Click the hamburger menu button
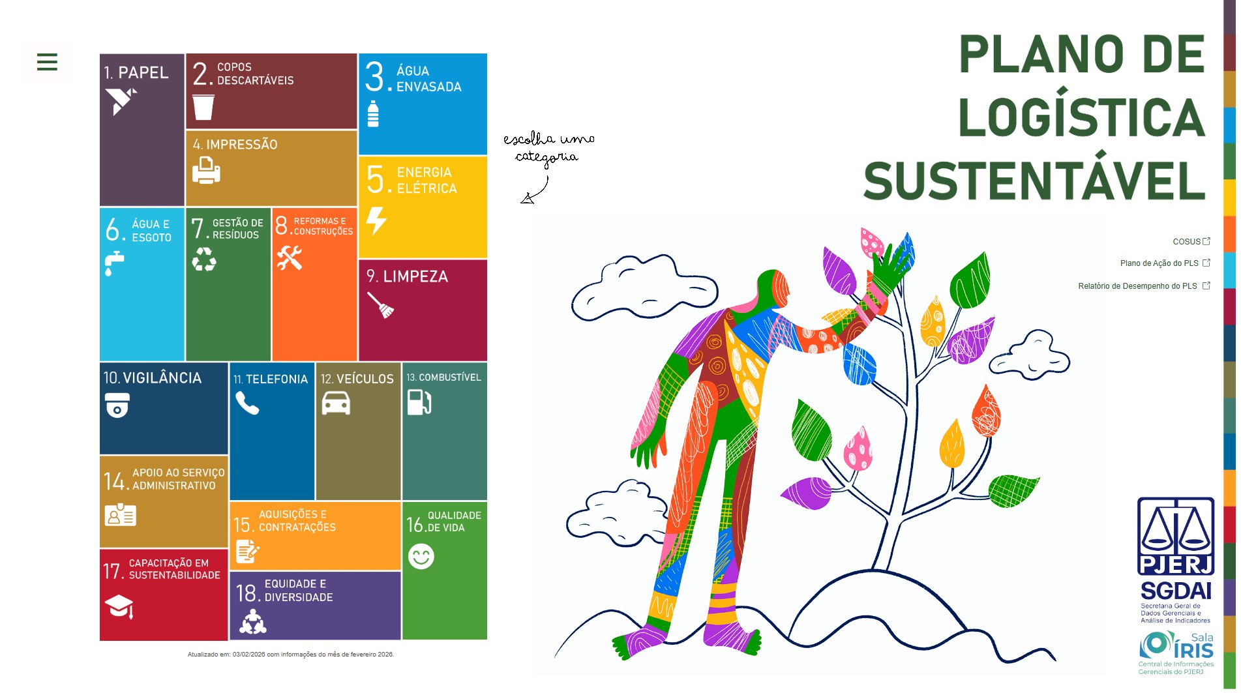pyautogui.click(x=47, y=62)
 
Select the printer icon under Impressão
pyautogui.click(x=206, y=170)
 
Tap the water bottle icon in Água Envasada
pyautogui.click(x=373, y=114)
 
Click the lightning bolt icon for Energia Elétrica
pyautogui.click(x=376, y=220)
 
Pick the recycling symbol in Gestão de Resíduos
pyautogui.click(x=204, y=259)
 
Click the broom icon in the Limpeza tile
pyautogui.click(x=381, y=304)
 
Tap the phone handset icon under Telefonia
pyautogui.click(x=247, y=403)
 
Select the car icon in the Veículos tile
pyautogui.click(x=336, y=403)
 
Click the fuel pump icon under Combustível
pyautogui.click(x=419, y=402)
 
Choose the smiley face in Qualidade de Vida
pyautogui.click(x=421, y=556)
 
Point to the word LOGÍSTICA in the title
pyautogui.click(x=1081, y=117)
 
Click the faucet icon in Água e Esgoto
pyautogui.click(x=115, y=263)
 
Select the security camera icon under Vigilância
pyautogui.click(x=117, y=405)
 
